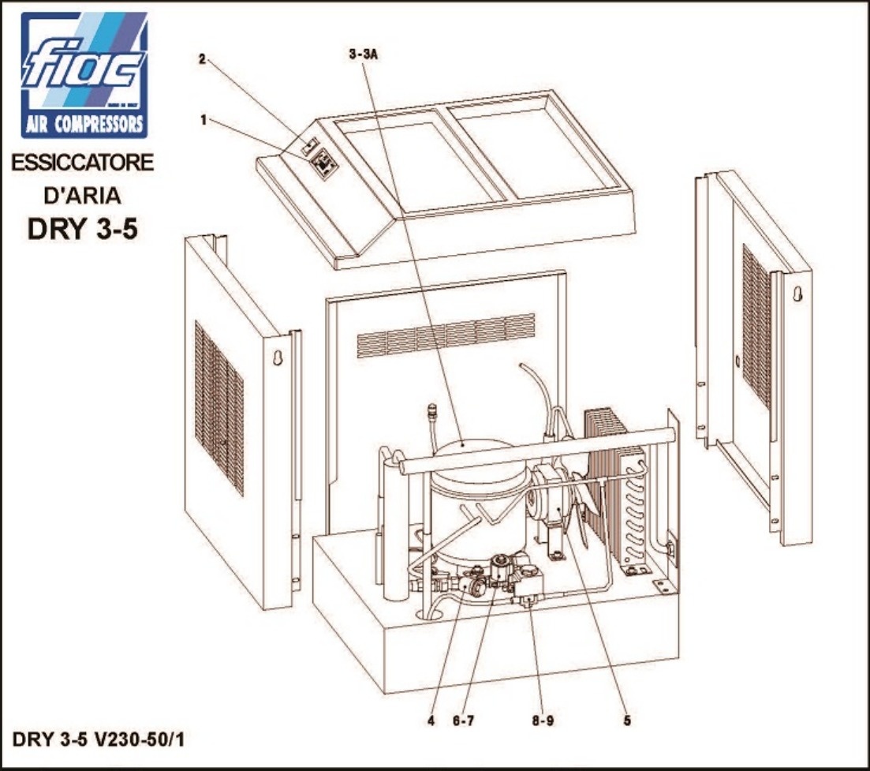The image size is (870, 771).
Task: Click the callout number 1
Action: point(203,120)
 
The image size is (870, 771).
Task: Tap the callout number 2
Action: point(203,59)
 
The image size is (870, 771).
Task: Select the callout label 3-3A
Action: point(364,54)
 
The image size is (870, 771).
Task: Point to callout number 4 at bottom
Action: point(431,721)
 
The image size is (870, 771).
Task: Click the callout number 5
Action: point(627,721)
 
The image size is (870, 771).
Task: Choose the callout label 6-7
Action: point(463,721)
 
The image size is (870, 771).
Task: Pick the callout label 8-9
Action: point(543,721)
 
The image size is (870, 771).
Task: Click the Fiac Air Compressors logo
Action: point(84,75)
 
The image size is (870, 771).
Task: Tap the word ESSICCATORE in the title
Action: point(82,163)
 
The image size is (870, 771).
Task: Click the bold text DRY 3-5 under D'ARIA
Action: point(82,228)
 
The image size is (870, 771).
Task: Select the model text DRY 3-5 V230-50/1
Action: point(99,740)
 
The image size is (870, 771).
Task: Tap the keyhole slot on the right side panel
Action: point(797,294)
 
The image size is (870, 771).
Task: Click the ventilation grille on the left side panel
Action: point(219,408)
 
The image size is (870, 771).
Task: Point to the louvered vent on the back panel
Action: point(446,335)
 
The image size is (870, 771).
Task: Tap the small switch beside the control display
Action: point(308,147)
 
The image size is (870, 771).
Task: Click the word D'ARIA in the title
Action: point(82,196)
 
